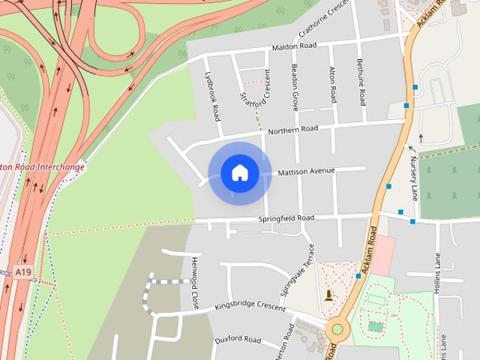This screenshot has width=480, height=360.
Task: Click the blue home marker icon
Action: tap(239, 173)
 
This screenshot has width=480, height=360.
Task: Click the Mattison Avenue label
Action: tap(306, 172)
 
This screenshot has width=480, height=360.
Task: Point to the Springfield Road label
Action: tap(286, 218)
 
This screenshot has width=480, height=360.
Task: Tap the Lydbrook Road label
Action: tap(213, 97)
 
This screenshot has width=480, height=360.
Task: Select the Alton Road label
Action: tap(333, 84)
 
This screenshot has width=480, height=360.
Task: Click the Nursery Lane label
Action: tap(413, 178)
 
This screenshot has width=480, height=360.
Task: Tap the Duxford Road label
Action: tap(237, 340)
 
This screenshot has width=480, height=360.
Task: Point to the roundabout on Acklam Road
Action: tap(337, 328)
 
